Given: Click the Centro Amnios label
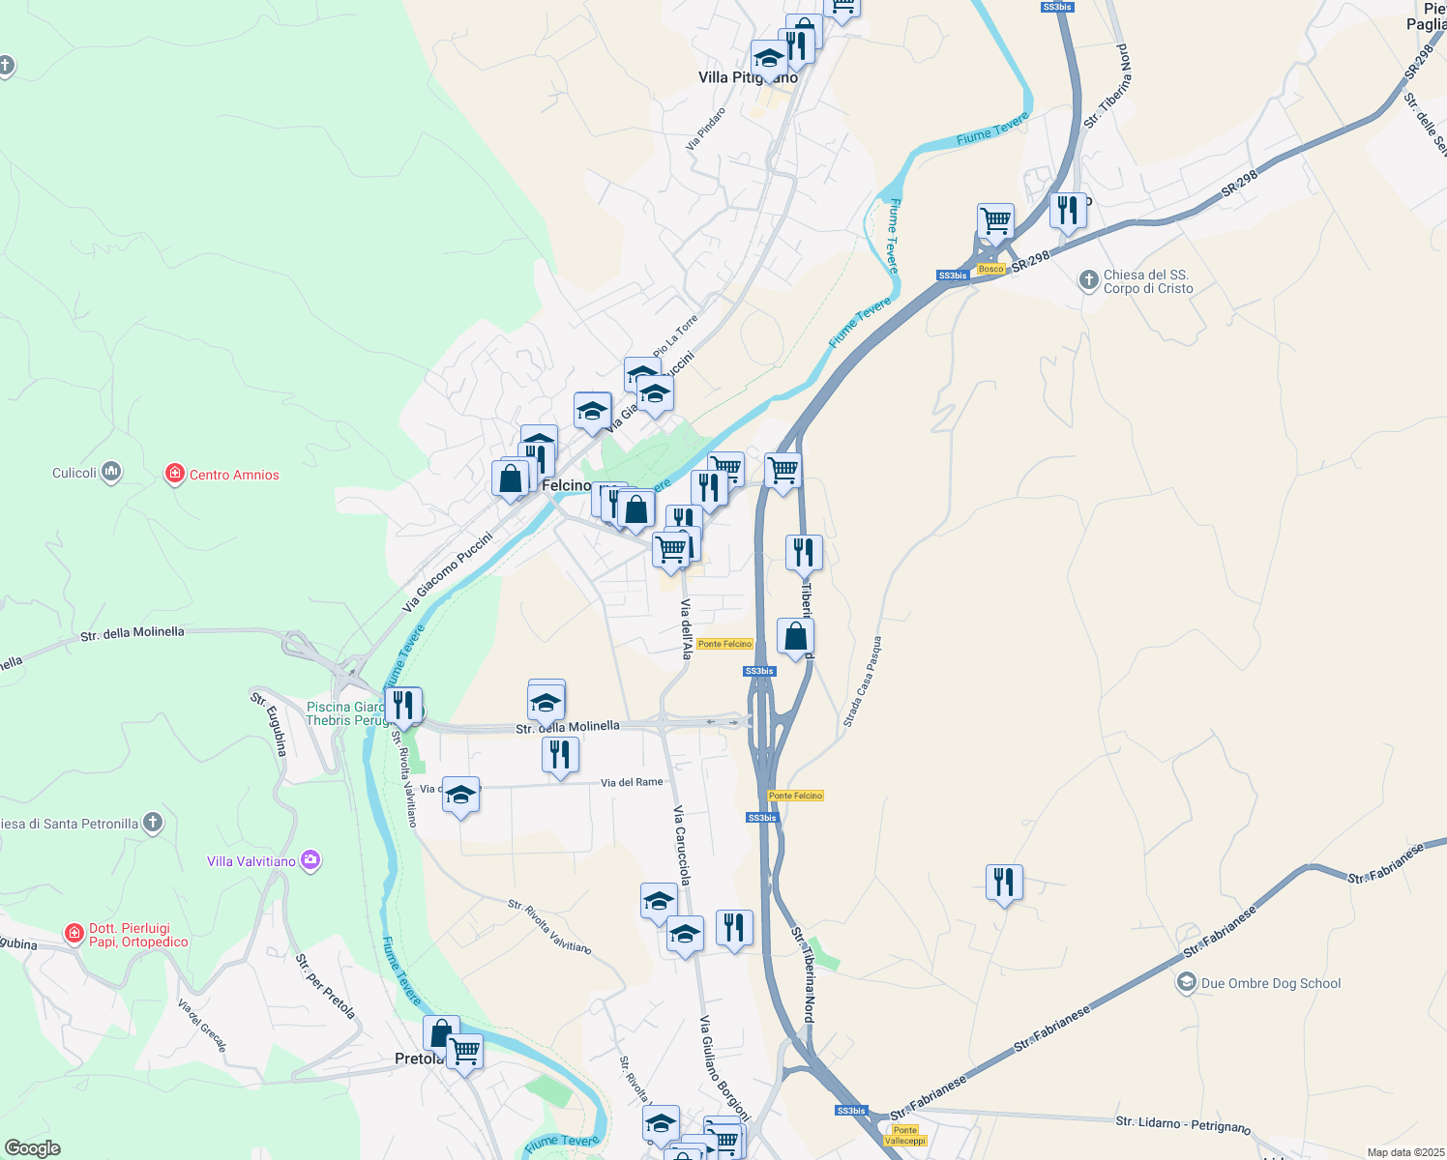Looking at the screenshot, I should point(233,475).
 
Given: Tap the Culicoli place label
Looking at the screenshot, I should point(74,473).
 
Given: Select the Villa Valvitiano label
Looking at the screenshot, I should point(251,861).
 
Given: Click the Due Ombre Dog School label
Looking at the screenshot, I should point(1270,984).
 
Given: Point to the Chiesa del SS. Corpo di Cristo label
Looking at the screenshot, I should point(1148,281).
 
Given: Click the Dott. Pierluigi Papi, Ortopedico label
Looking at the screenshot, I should point(138,935).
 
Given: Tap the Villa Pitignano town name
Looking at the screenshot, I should point(748,77).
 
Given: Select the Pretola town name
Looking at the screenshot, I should point(418,1058).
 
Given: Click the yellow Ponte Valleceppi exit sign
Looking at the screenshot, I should point(905,1135).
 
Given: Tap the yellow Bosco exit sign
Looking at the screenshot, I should point(990,269).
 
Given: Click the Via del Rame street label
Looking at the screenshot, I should point(632,782).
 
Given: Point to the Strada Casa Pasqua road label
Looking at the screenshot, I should point(862,681).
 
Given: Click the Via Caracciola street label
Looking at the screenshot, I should point(682,845).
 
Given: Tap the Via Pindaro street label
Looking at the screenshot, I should point(706,129).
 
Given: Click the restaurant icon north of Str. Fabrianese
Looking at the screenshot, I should point(1004,882).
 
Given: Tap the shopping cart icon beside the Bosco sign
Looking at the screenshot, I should point(995,221).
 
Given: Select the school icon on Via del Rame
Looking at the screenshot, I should point(460,796).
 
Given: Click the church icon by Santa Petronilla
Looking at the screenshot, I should point(152,823).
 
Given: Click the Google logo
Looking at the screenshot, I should point(32,1147).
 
